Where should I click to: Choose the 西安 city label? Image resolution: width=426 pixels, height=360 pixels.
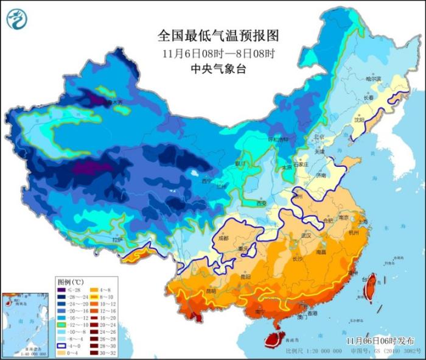click(x=262, y=203)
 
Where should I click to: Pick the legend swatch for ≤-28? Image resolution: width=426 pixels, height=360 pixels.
click(x=62, y=291)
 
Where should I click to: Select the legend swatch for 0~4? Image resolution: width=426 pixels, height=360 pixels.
click(x=62, y=353)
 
